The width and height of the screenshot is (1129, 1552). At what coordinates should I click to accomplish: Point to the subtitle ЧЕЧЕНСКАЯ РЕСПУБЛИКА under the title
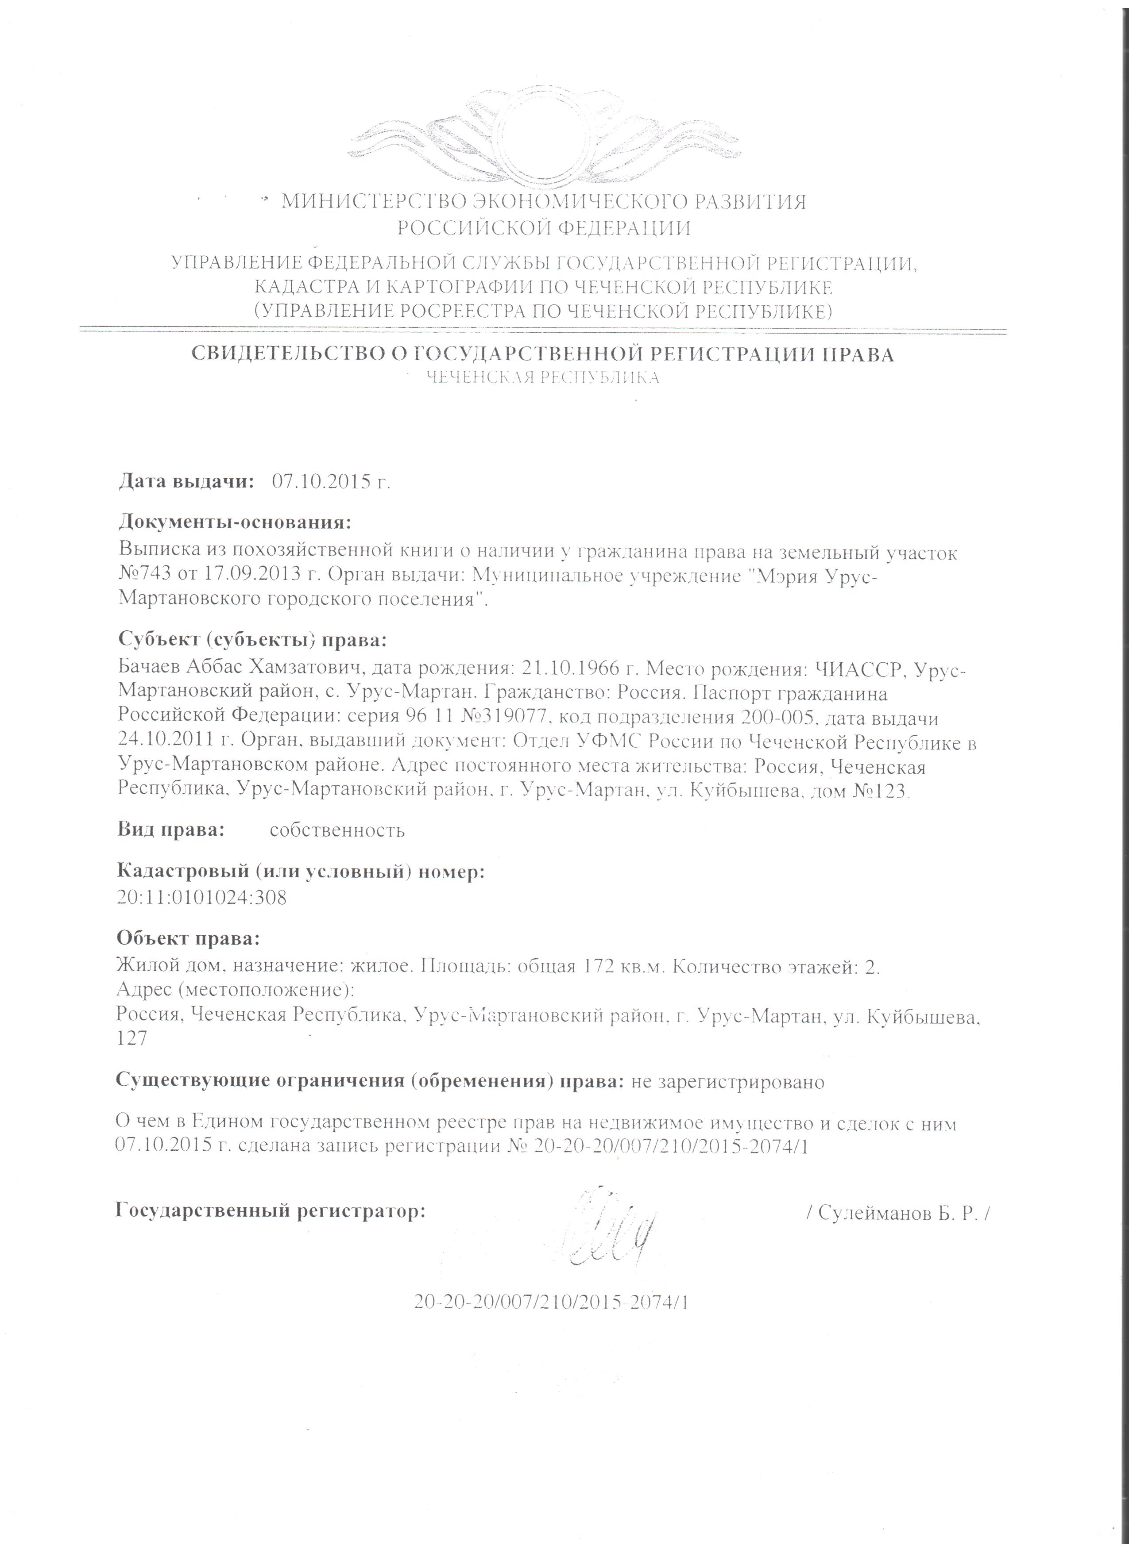pos(542,378)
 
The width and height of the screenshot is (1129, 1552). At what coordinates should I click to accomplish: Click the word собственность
pos(337,831)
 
